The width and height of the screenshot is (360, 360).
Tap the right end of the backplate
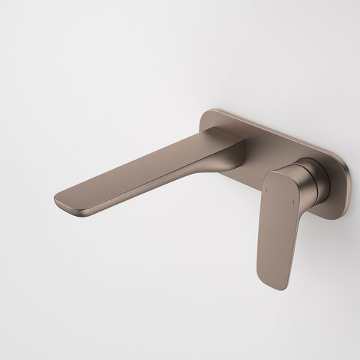[346, 184]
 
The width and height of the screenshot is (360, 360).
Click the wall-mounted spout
[150, 169]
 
